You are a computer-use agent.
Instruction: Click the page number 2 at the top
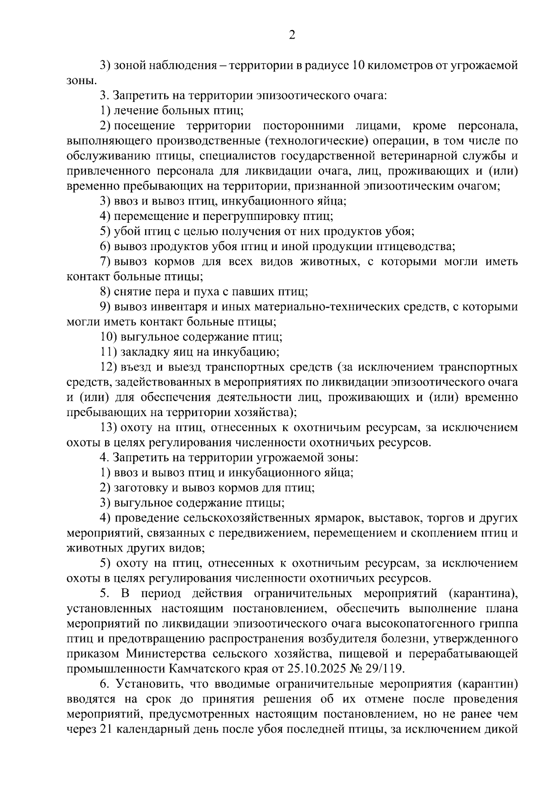pyautogui.click(x=292, y=35)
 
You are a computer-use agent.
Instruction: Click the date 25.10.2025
pyautogui.click(x=331, y=669)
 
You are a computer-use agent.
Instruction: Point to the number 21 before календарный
pyautogui.click(x=105, y=729)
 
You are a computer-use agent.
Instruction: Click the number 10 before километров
pyautogui.click(x=359, y=66)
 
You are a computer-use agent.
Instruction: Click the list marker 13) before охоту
pyautogui.click(x=108, y=427)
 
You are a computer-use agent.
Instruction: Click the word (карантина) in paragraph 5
pyautogui.click(x=483, y=594)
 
